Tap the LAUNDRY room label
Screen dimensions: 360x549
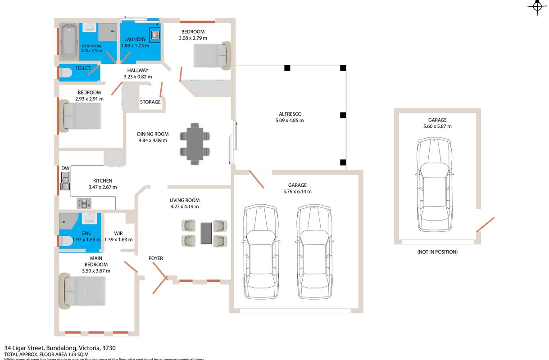click(135, 40)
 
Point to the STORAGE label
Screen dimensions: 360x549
click(150, 102)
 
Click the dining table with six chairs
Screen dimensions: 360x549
click(194, 143)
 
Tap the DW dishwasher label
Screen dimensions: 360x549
click(65, 168)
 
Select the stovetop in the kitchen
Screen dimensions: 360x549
click(84, 203)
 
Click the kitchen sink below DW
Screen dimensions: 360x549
click(65, 182)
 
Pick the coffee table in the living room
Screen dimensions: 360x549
click(207, 233)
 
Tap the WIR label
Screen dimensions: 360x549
click(118, 234)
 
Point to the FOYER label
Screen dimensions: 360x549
click(156, 258)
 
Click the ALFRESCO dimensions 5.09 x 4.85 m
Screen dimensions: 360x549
click(290, 121)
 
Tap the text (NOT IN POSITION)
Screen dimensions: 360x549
click(437, 252)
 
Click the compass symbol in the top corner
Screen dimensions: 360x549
click(537, 7)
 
